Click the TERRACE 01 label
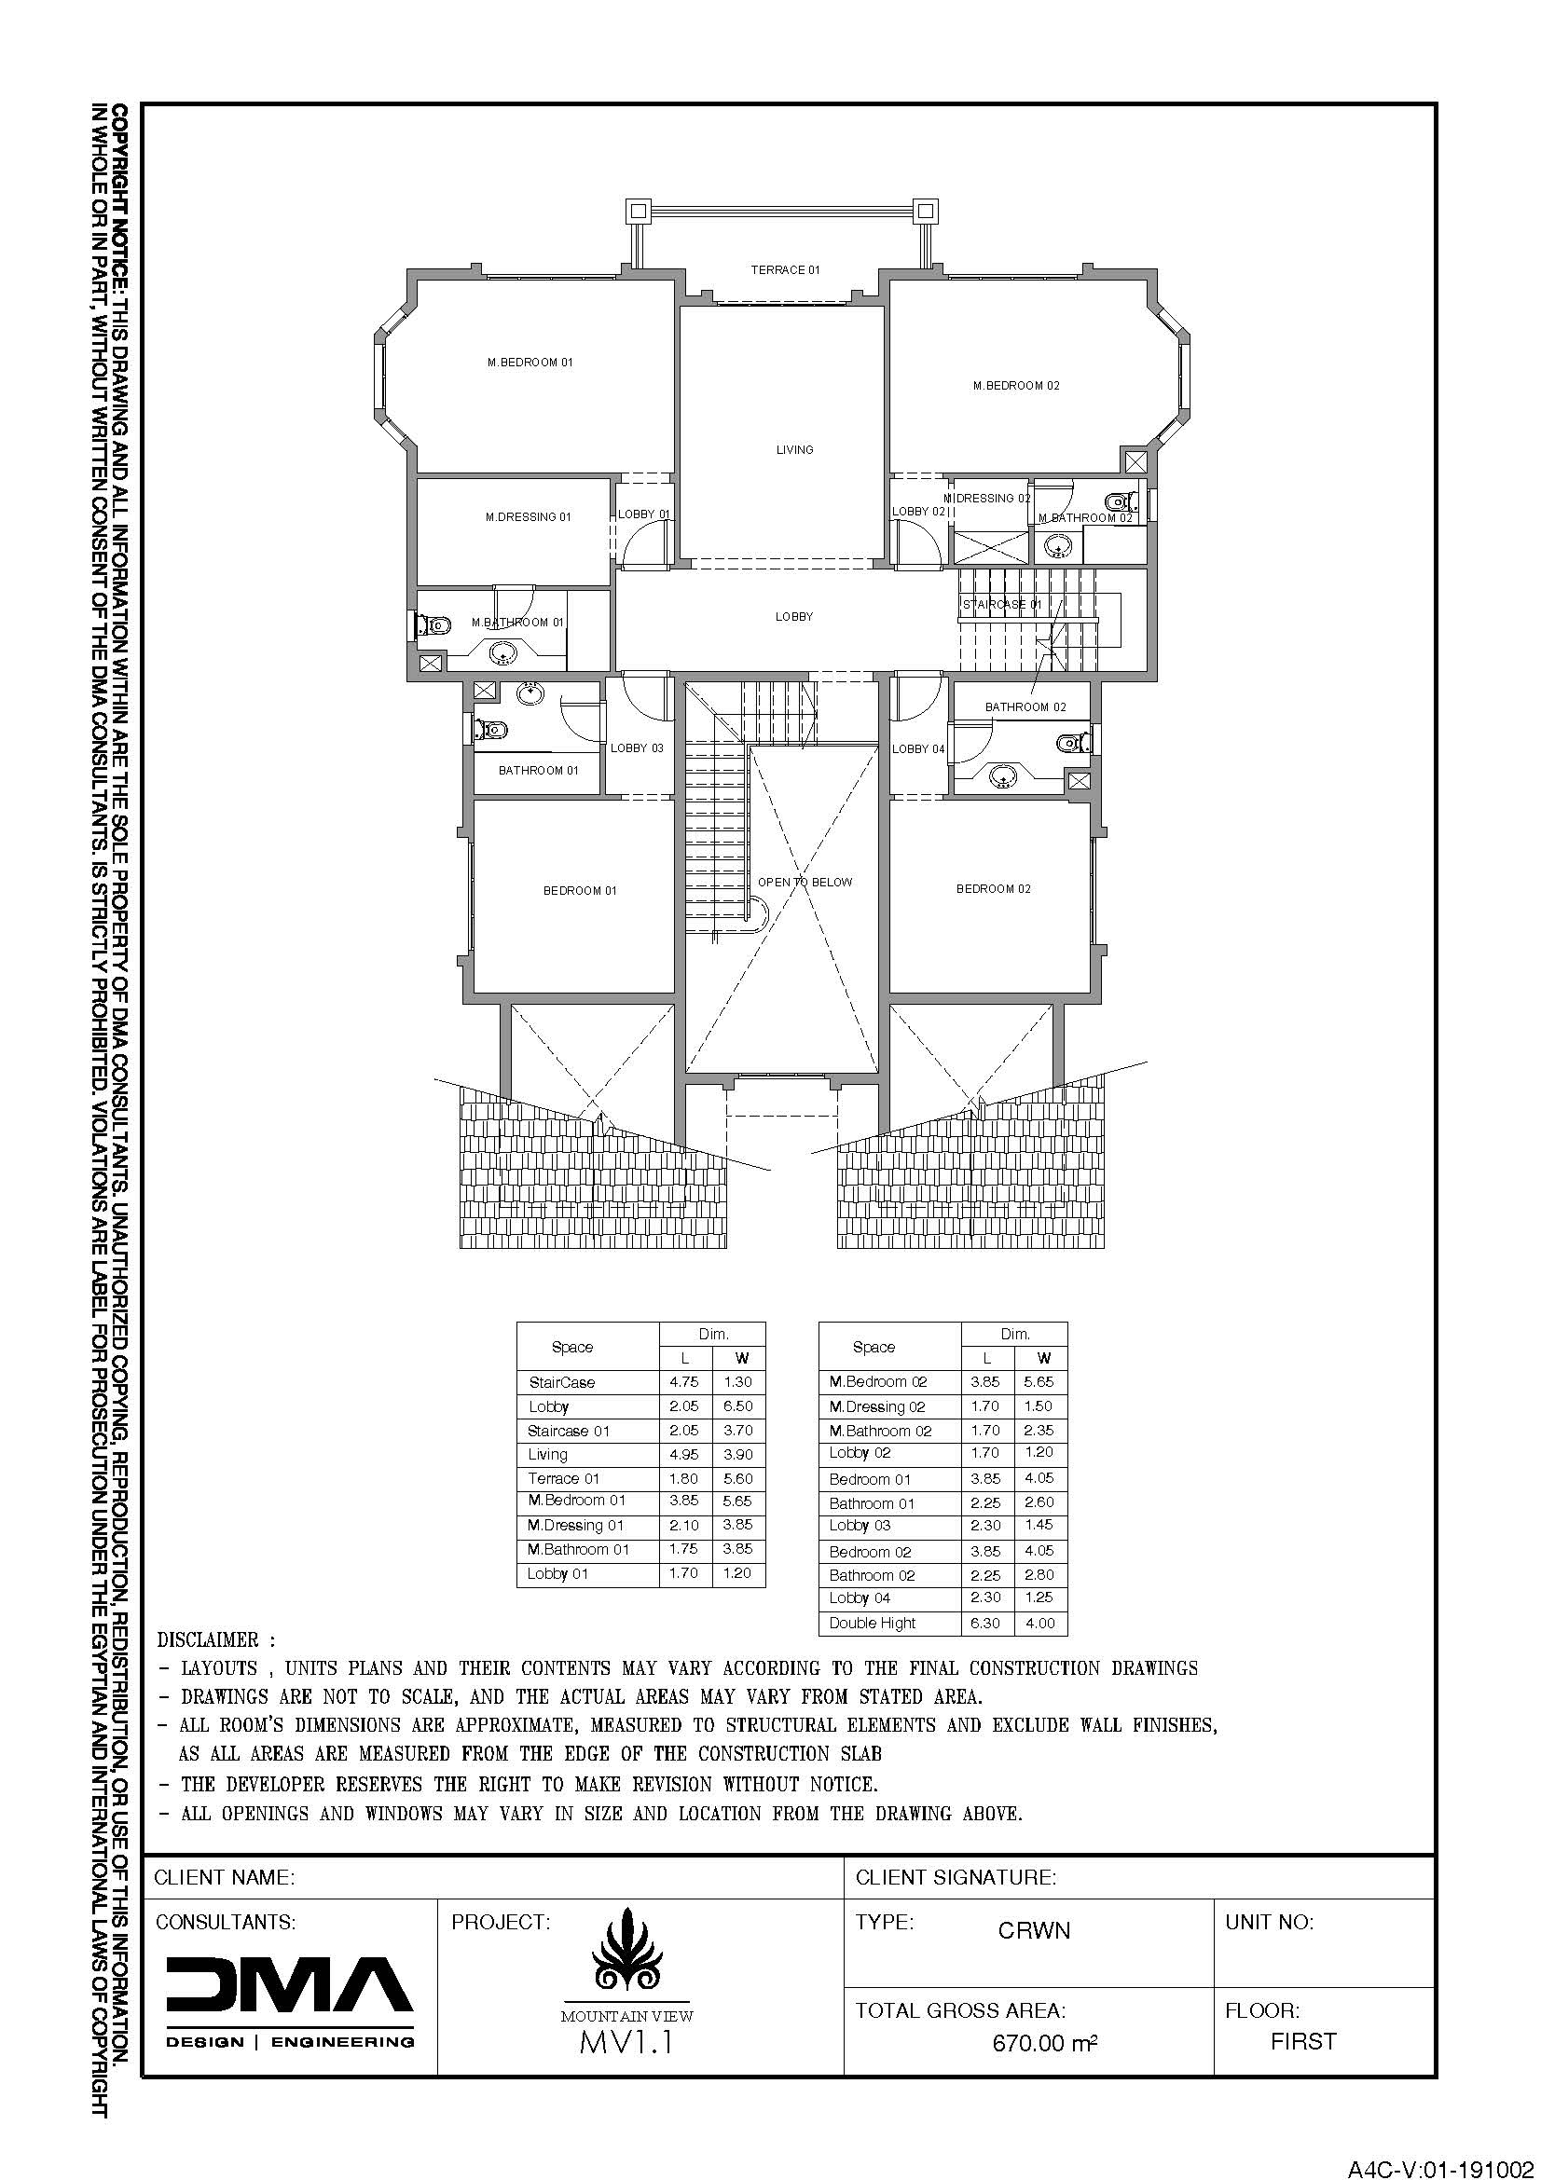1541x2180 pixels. pyautogui.click(x=785, y=269)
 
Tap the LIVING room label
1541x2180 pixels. pyautogui.click(x=794, y=450)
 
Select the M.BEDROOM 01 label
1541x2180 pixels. pyautogui.click(x=530, y=362)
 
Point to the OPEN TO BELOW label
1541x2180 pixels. pyautogui.click(x=805, y=882)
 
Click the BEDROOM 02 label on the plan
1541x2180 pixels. pyautogui.click(x=993, y=889)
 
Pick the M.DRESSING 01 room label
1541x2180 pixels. pyautogui.click(x=528, y=517)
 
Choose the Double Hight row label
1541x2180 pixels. pyautogui.click(x=873, y=1623)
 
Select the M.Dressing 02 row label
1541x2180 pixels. pyautogui.click(x=876, y=1406)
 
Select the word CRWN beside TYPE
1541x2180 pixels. pyautogui.click(x=1034, y=1930)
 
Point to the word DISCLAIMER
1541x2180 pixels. pyautogui.click(x=208, y=1639)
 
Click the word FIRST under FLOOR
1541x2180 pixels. pyautogui.click(x=1303, y=2040)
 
